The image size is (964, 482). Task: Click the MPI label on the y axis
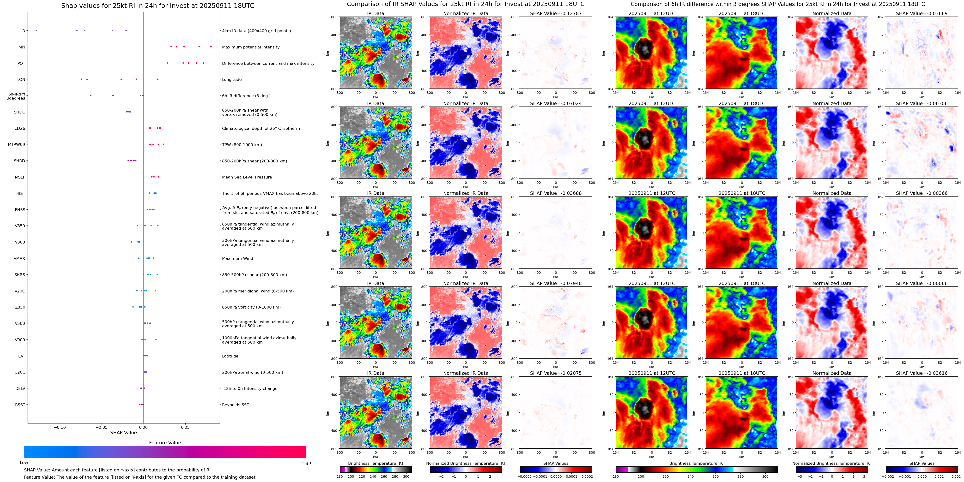tap(22, 47)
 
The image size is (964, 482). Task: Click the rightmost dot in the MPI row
tap(211, 47)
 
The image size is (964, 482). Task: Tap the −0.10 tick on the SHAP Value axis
tap(60, 427)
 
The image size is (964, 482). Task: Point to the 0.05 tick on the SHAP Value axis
tap(185, 427)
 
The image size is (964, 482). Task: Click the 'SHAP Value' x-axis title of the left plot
tap(123, 433)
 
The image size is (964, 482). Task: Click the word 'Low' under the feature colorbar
tap(24, 463)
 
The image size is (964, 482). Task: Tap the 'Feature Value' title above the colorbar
tap(165, 443)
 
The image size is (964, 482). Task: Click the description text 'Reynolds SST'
tap(235, 405)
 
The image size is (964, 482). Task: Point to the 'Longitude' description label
tap(232, 80)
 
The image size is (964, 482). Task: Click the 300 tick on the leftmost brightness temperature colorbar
tap(406, 477)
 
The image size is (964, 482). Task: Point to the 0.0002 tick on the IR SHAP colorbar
tap(587, 477)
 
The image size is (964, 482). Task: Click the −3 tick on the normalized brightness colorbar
tap(800, 477)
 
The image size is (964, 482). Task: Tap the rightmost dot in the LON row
tap(158, 79)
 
